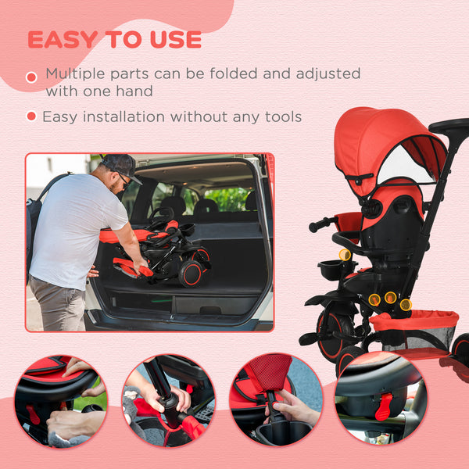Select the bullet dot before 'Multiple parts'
click(x=31, y=77)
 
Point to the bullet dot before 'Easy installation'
click(x=31, y=116)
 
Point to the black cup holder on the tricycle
click(x=333, y=270)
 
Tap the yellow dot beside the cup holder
click(x=345, y=255)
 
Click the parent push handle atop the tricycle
click(x=450, y=126)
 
